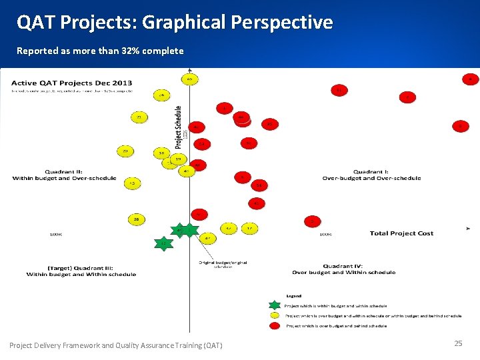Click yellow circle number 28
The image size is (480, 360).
[137, 219]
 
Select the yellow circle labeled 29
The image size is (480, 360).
[125, 151]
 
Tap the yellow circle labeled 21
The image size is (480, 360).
[139, 117]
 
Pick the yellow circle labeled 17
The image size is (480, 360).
[249, 229]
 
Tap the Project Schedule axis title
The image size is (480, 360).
[179, 127]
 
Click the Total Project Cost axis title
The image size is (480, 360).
[401, 233]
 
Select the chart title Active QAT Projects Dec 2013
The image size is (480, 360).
[71, 83]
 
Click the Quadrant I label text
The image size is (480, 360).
[371, 175]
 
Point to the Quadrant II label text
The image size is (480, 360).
[64, 175]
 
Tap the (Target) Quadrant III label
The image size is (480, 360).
[81, 271]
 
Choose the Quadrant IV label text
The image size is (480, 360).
[343, 269]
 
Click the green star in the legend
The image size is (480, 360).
[275, 305]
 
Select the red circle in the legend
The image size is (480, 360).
[275, 325]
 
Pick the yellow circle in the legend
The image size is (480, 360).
[275, 315]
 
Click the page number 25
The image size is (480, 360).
[458, 343]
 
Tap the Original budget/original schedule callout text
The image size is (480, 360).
[223, 265]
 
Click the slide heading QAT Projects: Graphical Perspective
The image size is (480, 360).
[175, 23]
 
